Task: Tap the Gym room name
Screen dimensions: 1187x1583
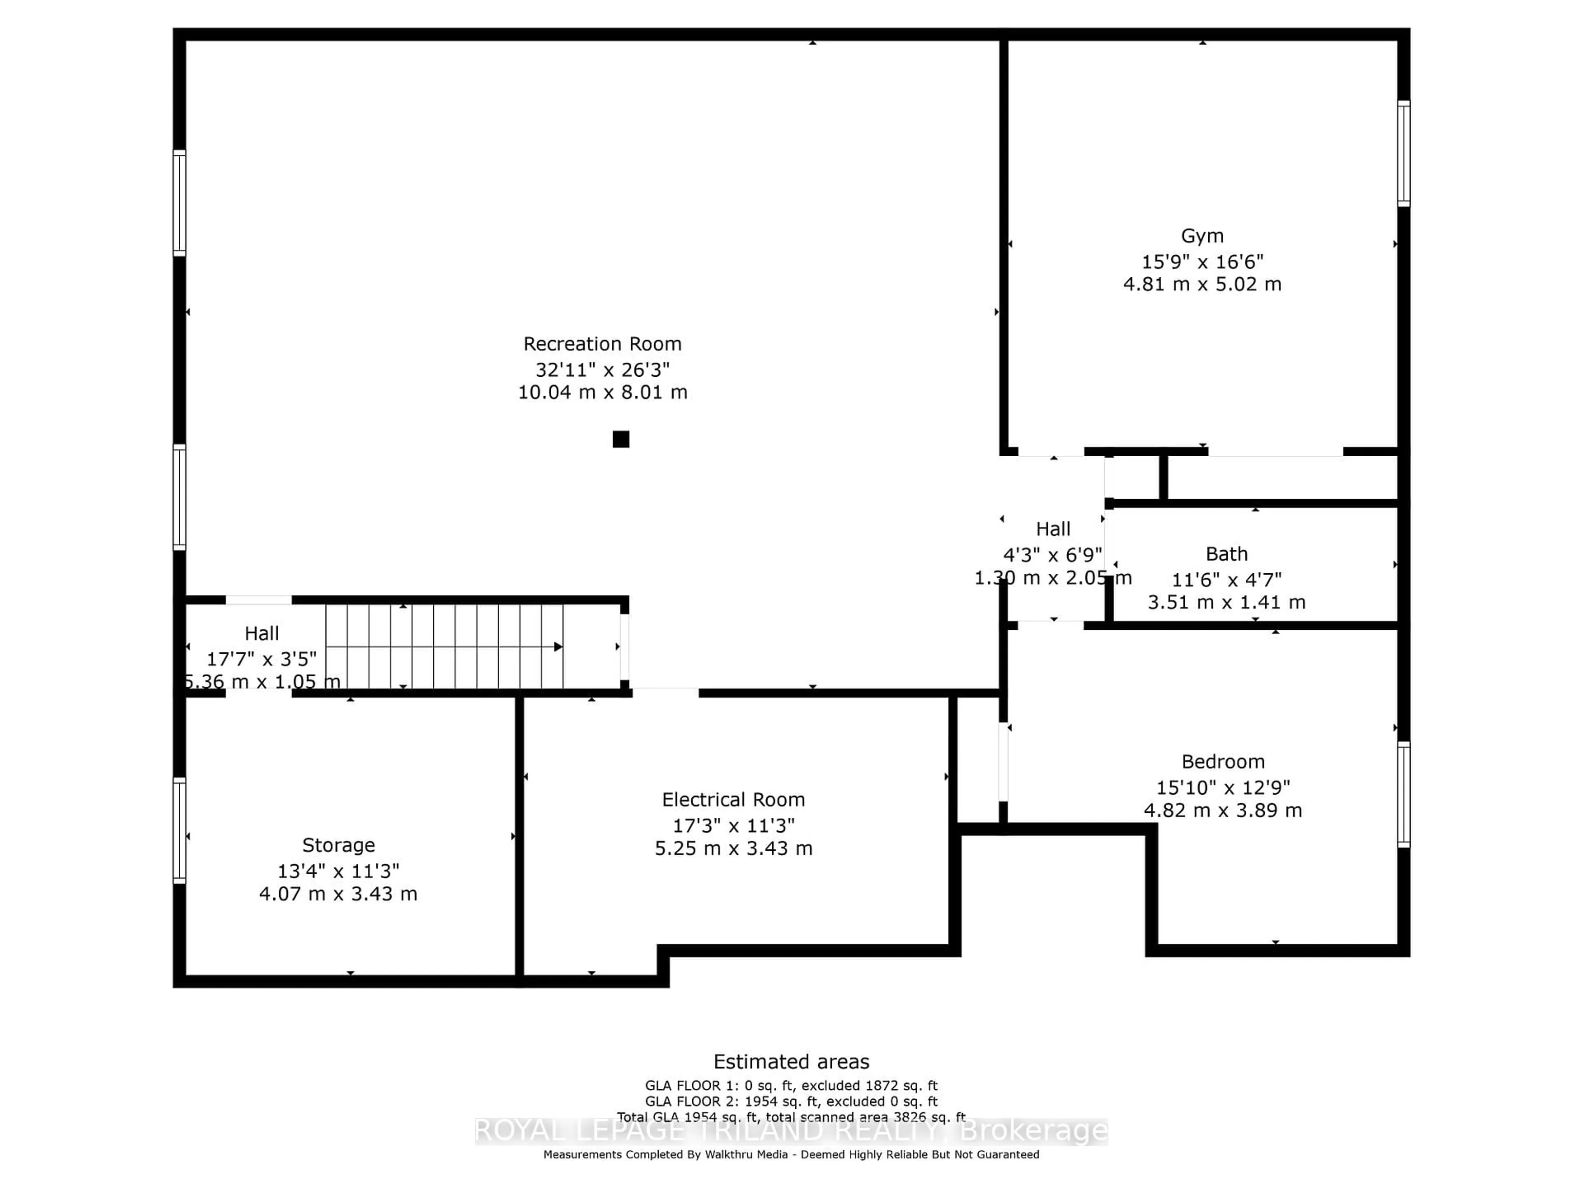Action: tap(1202, 236)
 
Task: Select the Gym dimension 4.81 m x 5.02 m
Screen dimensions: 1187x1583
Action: tap(1202, 284)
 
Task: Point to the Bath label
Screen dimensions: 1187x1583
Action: tap(1226, 554)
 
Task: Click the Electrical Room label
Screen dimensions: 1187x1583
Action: tap(733, 799)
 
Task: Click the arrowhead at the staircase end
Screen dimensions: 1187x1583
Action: tap(557, 647)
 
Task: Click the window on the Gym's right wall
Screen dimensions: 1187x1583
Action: tap(1403, 153)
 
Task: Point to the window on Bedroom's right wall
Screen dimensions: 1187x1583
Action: tap(1403, 794)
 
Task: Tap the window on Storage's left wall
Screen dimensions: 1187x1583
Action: tap(179, 830)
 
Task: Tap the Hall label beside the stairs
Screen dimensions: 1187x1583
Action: tap(261, 633)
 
